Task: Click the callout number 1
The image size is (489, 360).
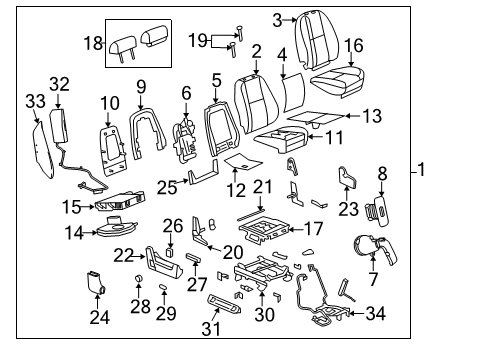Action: pos(421,171)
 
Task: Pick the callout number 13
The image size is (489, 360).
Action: pos(371,117)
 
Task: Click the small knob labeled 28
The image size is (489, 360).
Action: pos(136,276)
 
